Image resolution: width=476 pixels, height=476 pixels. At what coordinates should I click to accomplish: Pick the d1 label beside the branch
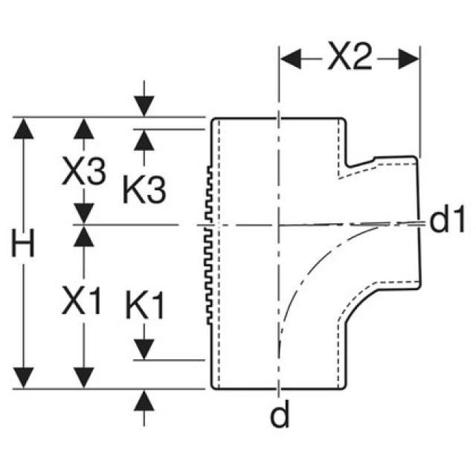point(449,220)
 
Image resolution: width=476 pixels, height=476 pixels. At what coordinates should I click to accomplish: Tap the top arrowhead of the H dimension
point(25,128)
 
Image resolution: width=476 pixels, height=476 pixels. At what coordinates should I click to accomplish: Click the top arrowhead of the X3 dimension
point(86,128)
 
